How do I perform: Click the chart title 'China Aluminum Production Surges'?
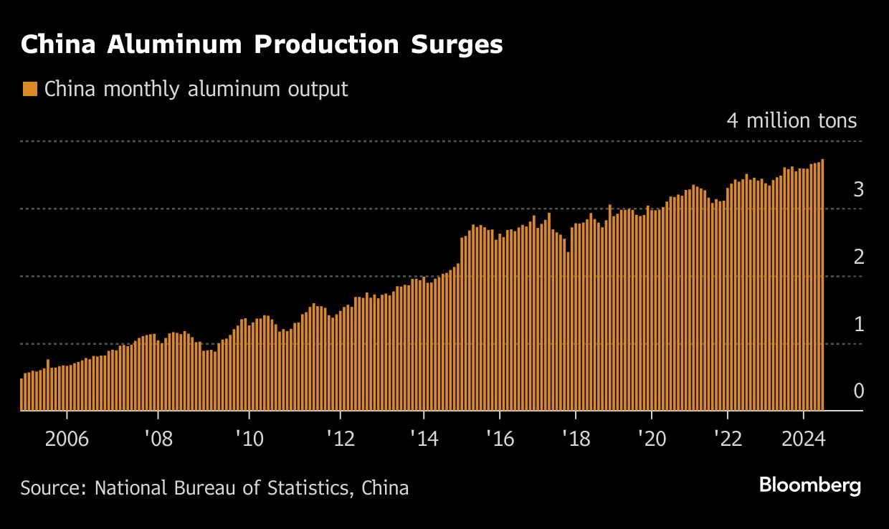[x=262, y=44]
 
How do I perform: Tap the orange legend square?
[x=29, y=90]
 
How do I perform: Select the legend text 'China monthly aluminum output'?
[x=196, y=90]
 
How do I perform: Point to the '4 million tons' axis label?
[x=791, y=120]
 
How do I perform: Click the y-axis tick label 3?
[x=858, y=190]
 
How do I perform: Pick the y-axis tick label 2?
[x=858, y=257]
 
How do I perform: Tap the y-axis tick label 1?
[x=858, y=325]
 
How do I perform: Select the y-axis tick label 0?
[x=858, y=391]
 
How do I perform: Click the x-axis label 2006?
[x=67, y=439]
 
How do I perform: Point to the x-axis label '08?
[x=157, y=439]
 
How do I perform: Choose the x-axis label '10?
[x=248, y=439]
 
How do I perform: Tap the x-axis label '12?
[x=339, y=439]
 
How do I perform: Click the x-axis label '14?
[x=423, y=439]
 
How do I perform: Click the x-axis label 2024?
[x=803, y=439]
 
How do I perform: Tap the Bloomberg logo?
[x=809, y=486]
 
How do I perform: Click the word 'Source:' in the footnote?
[x=54, y=489]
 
